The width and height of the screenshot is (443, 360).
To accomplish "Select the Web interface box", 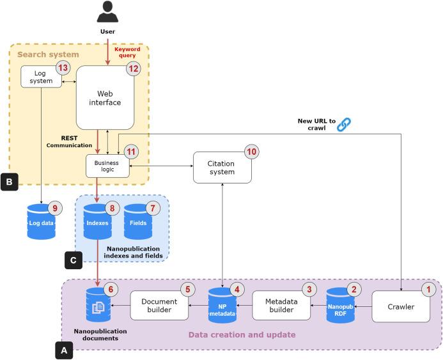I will coord(105,98).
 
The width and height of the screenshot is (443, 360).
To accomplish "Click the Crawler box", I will coord(401,306).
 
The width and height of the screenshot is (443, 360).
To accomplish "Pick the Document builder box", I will coord(160,306).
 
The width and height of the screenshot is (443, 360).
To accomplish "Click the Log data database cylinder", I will coord(41,222).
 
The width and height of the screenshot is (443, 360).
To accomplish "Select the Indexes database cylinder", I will coord(98,221).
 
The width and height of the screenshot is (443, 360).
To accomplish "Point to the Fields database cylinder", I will coord(138,221).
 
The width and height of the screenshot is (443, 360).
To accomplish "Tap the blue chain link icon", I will coord(345,124).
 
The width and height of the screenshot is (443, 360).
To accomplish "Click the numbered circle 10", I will coord(251,152).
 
